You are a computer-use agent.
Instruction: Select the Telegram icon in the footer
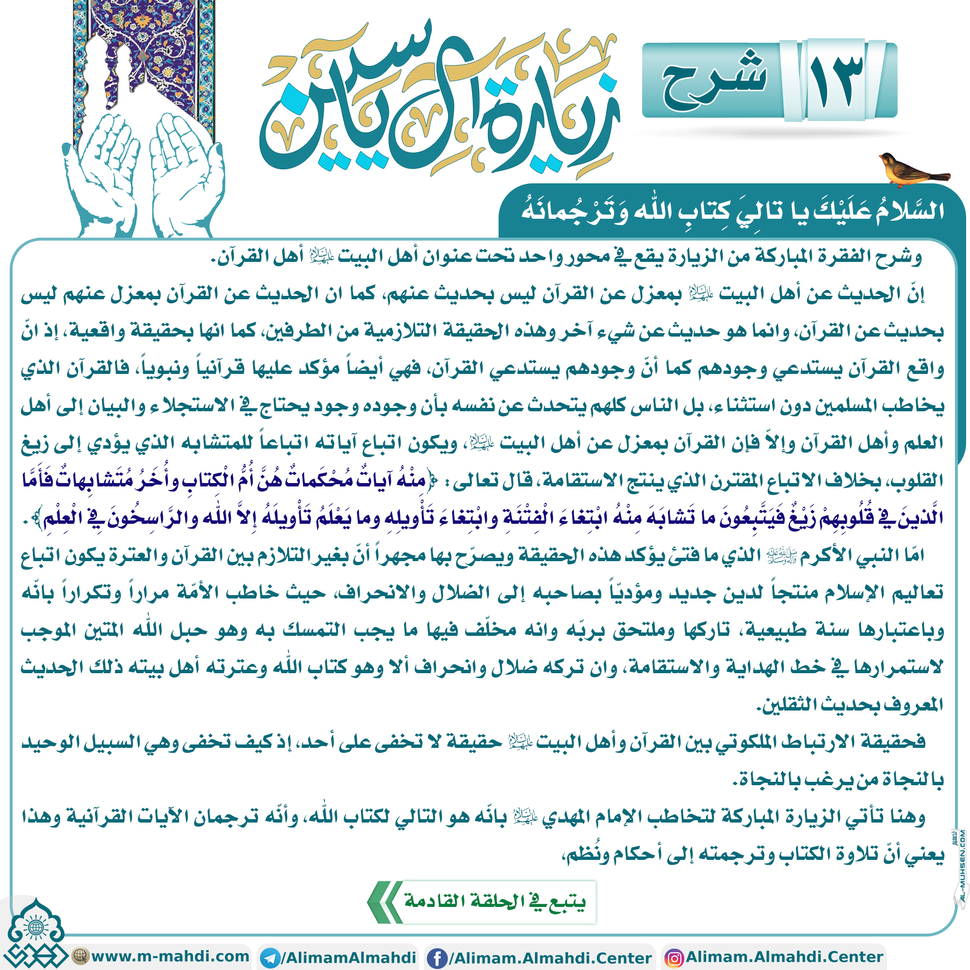tap(271, 957)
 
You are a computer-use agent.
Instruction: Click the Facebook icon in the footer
tap(437, 957)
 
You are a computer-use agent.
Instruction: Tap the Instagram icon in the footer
tap(674, 957)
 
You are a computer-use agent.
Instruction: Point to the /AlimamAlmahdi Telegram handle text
tap(348, 957)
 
